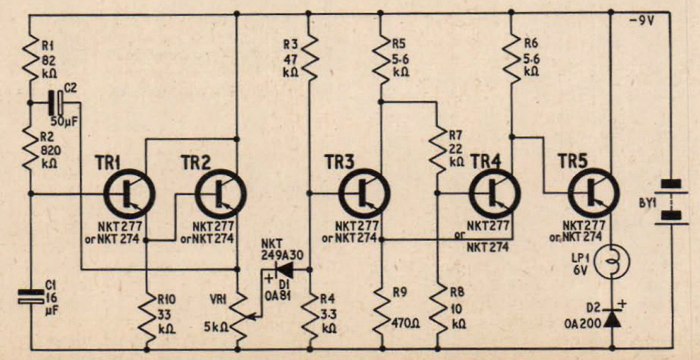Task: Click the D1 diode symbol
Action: click(285, 270)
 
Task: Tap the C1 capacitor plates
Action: click(31, 297)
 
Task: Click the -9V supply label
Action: click(641, 21)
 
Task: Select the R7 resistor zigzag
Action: click(437, 150)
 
